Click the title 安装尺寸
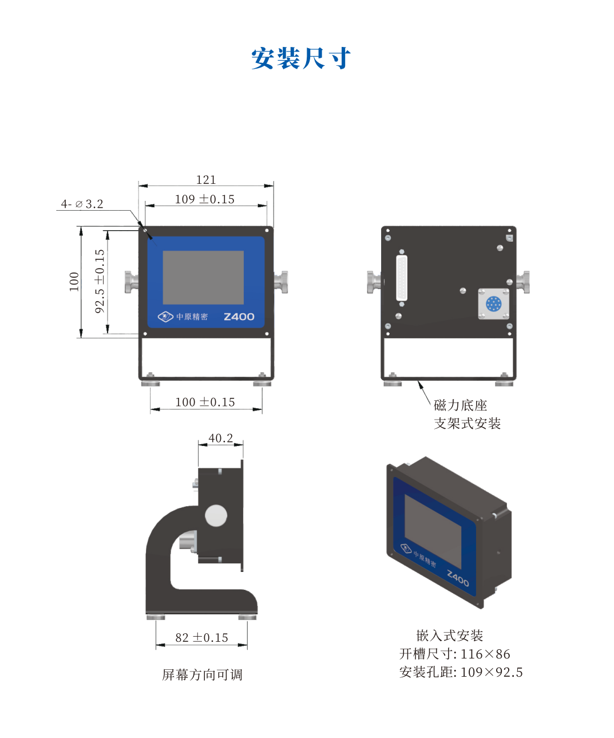[300, 58]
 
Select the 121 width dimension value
[205, 180]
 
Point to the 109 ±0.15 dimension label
[204, 199]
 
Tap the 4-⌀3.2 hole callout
[82, 204]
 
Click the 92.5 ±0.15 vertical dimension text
[100, 281]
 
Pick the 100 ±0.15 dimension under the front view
[205, 402]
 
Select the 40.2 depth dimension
[220, 438]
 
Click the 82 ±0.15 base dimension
[202, 638]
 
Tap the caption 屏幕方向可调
[202, 674]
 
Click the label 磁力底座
[460, 405]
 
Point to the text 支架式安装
[467, 424]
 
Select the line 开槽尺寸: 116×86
[455, 654]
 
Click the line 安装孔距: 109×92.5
[461, 672]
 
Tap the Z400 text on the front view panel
[239, 317]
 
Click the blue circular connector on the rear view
[493, 303]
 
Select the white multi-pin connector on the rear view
[402, 278]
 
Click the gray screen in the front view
[203, 278]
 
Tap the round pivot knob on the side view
[216, 515]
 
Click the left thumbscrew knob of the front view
[132, 282]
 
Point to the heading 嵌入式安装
[450, 636]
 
